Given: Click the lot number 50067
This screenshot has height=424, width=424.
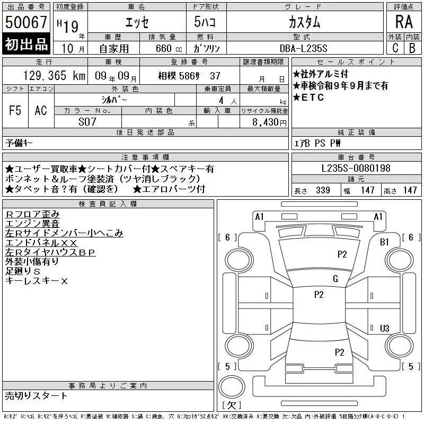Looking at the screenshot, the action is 26,22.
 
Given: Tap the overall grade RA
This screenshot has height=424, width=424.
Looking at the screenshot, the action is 404,22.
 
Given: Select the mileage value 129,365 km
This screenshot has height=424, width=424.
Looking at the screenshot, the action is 54,76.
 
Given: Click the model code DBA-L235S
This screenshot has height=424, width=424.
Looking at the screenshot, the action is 303,48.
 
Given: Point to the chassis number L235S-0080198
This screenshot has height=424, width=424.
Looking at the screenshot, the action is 356,168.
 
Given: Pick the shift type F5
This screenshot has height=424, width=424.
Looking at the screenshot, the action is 15,110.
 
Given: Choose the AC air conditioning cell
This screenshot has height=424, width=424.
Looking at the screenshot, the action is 41,110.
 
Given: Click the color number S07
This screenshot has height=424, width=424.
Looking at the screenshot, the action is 87,122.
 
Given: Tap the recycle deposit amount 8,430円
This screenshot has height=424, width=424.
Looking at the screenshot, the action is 269,122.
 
